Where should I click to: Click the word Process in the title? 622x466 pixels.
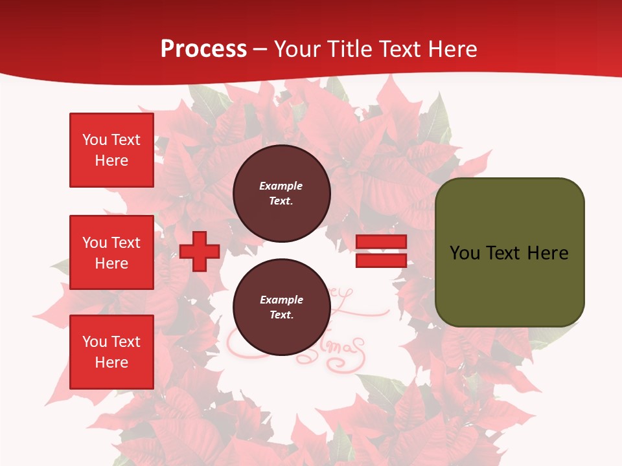tap(203, 49)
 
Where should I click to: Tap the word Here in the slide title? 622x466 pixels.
tap(452, 49)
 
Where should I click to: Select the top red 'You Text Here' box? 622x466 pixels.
tap(111, 150)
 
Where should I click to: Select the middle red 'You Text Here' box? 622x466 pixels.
tap(111, 252)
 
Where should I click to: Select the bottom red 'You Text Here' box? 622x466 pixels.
tap(111, 352)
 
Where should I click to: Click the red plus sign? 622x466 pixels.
tap(200, 251)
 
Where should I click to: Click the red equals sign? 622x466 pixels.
tap(381, 251)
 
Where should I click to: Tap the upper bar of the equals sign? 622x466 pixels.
tap(381, 242)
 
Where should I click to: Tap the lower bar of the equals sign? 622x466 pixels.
tap(381, 260)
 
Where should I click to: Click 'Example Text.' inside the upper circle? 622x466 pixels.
tap(281, 193)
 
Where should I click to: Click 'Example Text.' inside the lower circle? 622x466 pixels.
tap(281, 307)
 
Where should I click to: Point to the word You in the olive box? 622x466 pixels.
tap(465, 253)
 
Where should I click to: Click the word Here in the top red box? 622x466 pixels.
tap(111, 161)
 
